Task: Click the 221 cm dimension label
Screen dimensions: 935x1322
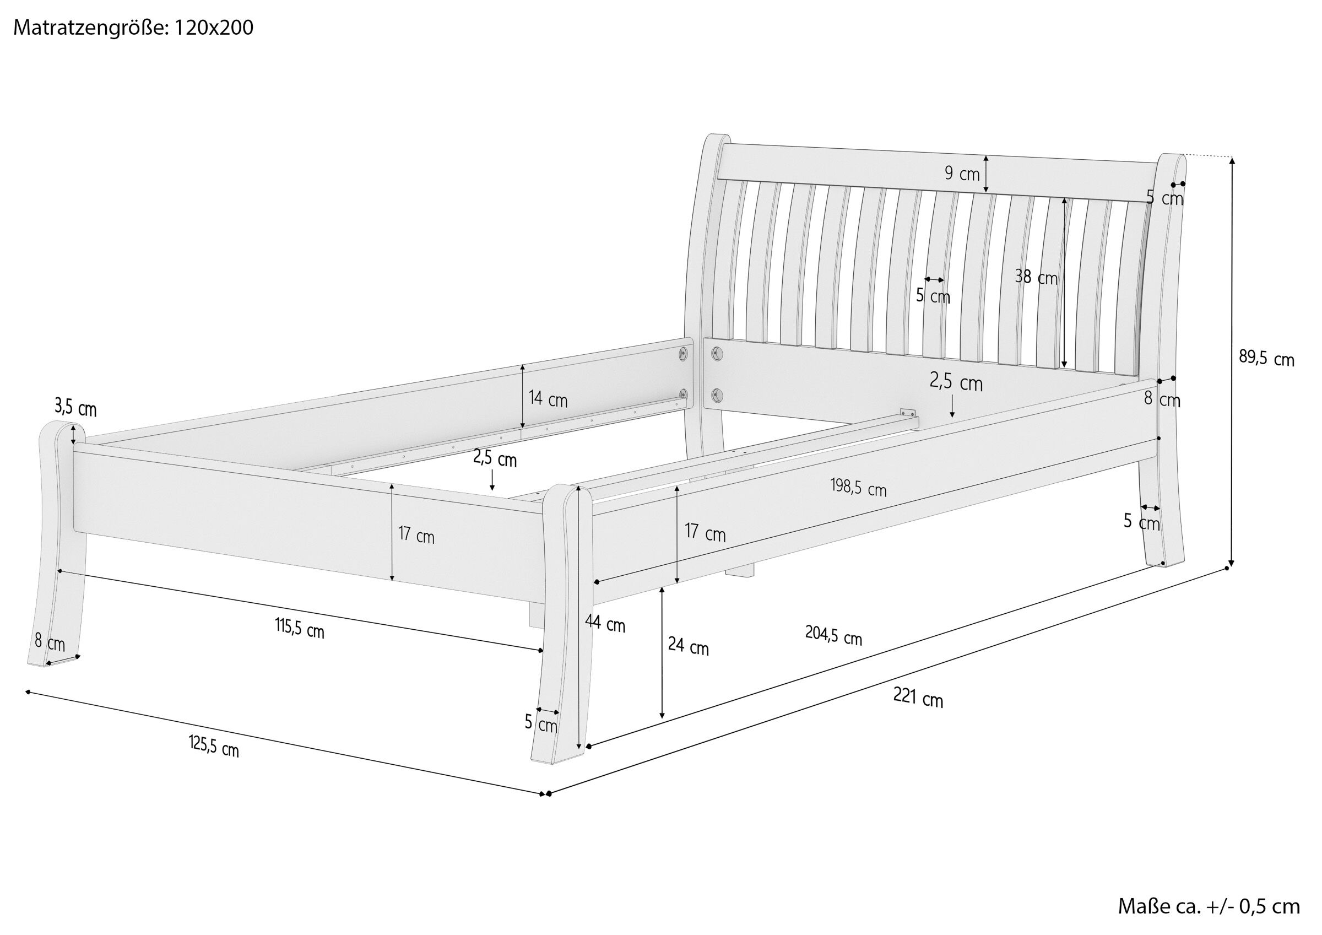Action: [x=918, y=698]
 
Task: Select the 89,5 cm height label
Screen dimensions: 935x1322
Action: [x=1266, y=358]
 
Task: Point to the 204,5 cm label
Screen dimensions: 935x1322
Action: [x=833, y=635]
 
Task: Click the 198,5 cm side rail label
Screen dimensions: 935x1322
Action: [x=858, y=488]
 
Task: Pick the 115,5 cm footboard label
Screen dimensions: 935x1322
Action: [x=300, y=630]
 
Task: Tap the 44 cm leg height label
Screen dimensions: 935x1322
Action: [x=605, y=623]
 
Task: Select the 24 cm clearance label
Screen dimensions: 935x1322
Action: [x=688, y=646]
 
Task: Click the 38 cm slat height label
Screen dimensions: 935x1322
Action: [x=1036, y=278]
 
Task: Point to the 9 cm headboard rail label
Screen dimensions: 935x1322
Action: [x=962, y=173]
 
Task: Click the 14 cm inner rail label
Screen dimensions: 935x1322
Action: [x=548, y=400]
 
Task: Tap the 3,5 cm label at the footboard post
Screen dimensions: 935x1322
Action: [x=75, y=408]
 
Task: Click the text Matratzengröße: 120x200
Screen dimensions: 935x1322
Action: [x=133, y=28]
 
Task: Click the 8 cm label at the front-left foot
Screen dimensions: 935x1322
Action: [x=50, y=642]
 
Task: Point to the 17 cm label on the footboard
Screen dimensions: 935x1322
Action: [x=416, y=536]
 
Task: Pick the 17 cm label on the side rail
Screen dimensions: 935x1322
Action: [x=705, y=533]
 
